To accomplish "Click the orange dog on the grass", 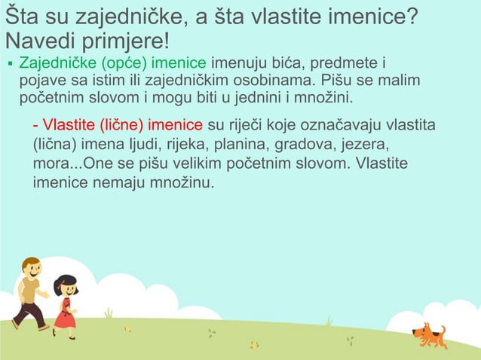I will (430, 334).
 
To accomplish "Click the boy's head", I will (31, 268).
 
